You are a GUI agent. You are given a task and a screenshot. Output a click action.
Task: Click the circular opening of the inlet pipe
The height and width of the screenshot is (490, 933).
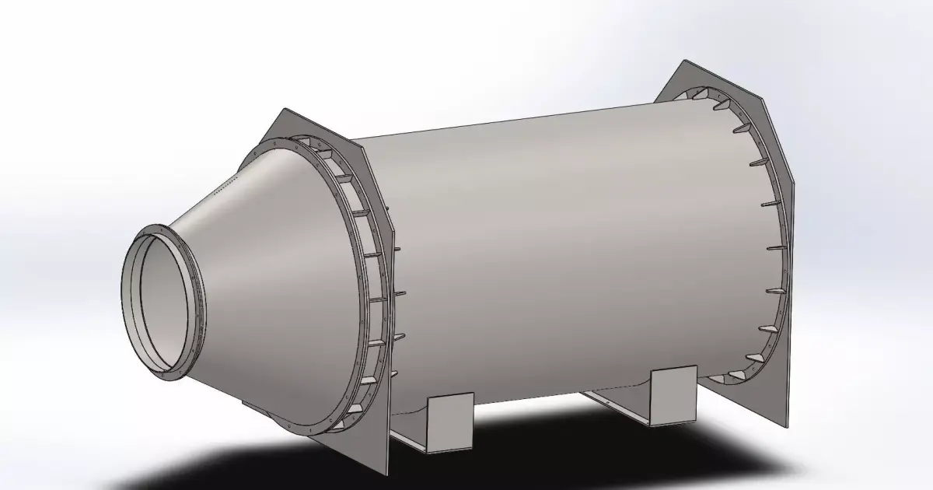click(x=159, y=299)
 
